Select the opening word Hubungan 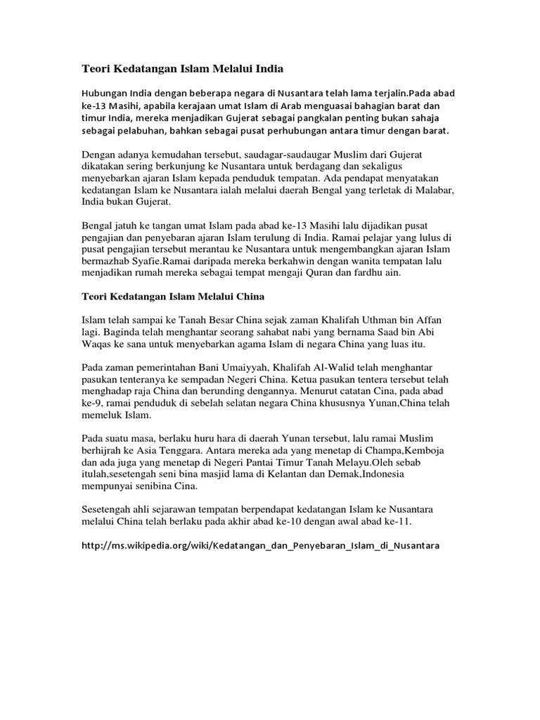pyautogui.click(x=103, y=93)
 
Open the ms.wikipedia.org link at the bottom pyautogui.click(x=260, y=546)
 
